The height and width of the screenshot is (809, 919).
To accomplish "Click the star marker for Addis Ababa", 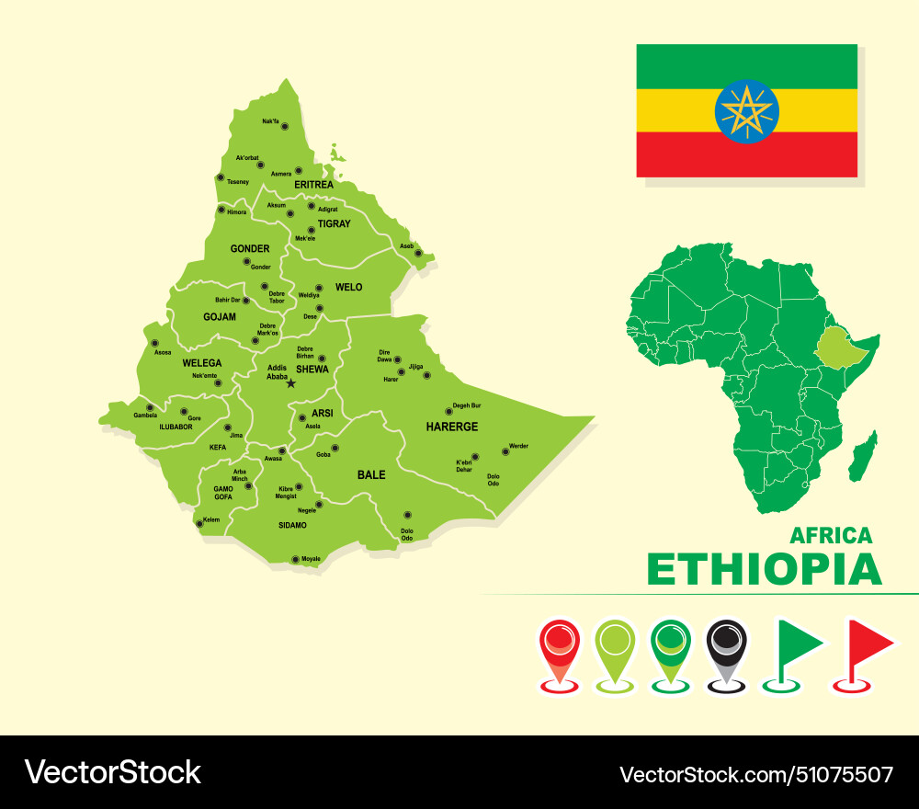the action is (291, 383).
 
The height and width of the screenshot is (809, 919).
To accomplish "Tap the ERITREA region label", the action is (313, 185).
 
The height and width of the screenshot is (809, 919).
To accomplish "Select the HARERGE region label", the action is (452, 427).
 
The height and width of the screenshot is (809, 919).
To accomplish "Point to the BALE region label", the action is (371, 475).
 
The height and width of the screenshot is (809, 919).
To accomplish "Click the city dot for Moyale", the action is (295, 559).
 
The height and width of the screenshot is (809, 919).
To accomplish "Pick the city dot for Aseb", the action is (418, 253).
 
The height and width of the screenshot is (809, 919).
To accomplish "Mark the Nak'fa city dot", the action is (285, 127).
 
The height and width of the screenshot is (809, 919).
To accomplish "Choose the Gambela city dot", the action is (150, 407).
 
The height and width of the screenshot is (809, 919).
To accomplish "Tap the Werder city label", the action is (518, 446).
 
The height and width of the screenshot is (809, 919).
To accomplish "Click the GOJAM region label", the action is (220, 317).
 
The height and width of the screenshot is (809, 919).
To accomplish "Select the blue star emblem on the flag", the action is (747, 111).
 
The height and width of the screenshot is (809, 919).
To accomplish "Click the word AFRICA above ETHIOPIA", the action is (831, 535).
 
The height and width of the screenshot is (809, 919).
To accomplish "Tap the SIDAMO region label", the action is (292, 525).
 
